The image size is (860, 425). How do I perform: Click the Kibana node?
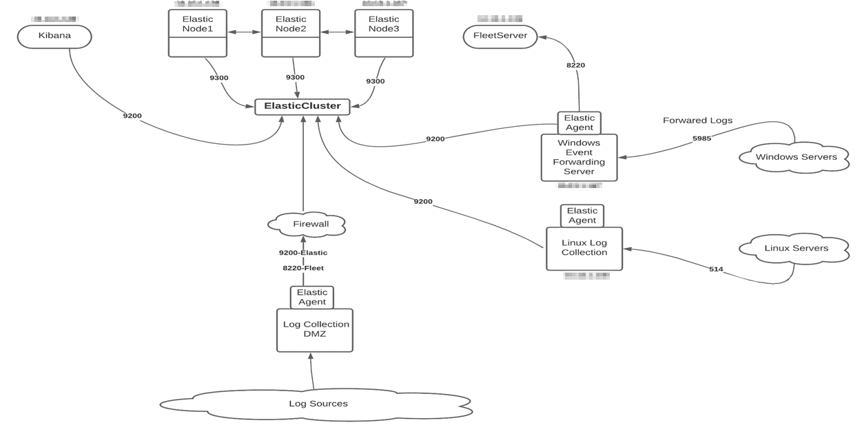(x=54, y=36)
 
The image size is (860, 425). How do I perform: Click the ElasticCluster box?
(x=303, y=106)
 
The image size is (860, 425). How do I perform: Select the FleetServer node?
(x=500, y=36)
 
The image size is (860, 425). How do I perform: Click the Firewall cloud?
(x=306, y=225)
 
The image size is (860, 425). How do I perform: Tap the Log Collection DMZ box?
(x=315, y=330)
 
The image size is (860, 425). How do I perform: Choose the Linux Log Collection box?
(x=584, y=249)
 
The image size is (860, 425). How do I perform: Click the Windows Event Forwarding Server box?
(x=579, y=158)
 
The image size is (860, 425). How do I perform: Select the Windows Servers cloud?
(x=796, y=157)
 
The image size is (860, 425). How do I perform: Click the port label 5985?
(x=702, y=138)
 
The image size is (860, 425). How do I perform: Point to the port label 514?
(x=716, y=269)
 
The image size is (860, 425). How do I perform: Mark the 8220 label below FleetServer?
(x=575, y=65)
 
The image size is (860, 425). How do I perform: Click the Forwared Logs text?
(x=697, y=121)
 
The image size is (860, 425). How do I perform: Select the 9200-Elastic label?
(x=303, y=253)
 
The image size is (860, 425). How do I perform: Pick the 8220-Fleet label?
(x=303, y=268)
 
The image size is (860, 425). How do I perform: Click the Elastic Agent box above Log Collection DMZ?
(x=311, y=297)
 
